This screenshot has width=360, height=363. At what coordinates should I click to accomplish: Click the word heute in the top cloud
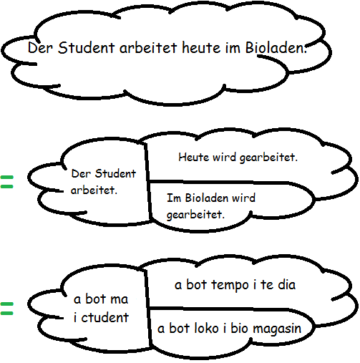[x=202, y=47]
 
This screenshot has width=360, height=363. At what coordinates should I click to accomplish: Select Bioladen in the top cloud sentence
[x=276, y=47]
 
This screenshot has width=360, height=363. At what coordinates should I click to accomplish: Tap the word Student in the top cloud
[x=87, y=47]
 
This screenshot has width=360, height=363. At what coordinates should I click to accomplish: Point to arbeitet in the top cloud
[x=148, y=47]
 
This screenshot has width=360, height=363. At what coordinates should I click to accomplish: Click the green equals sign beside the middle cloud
[x=6, y=182]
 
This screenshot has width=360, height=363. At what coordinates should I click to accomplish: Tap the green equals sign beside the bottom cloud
[x=6, y=309]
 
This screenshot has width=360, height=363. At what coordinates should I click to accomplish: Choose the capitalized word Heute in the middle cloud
[x=194, y=158]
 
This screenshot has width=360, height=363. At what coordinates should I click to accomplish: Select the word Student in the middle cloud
[x=115, y=173]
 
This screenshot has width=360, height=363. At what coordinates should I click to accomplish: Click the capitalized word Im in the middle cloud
[x=174, y=198]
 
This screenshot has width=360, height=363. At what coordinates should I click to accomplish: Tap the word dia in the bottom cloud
[x=286, y=284]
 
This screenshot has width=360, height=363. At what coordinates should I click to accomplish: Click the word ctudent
[x=104, y=317]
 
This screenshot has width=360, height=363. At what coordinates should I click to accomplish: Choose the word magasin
[x=277, y=329]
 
